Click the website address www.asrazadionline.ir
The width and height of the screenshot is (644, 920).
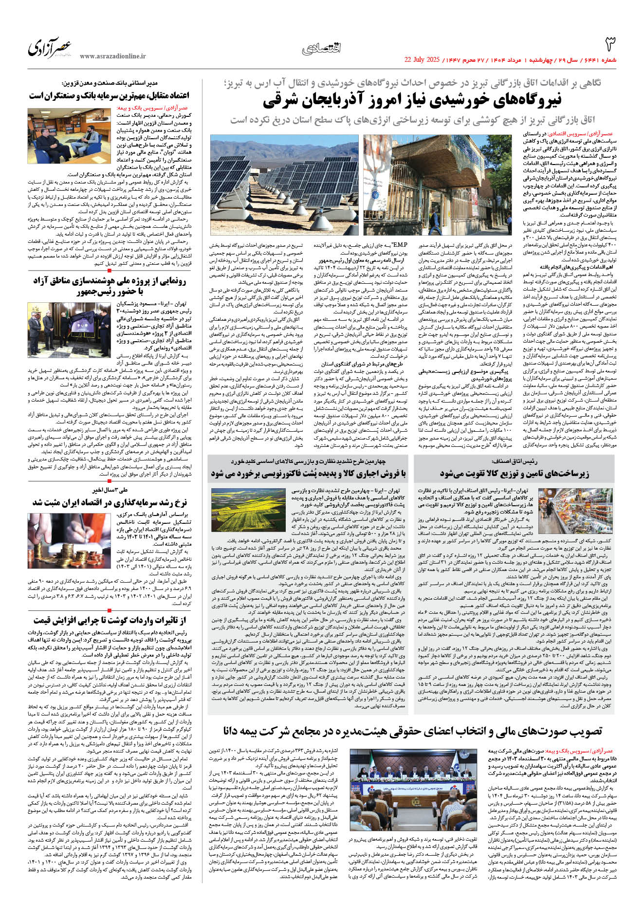(113, 56)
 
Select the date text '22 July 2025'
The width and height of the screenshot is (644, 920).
(422, 60)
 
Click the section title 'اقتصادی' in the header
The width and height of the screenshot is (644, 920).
(321, 48)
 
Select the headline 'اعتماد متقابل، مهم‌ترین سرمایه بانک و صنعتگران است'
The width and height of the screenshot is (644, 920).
(109, 95)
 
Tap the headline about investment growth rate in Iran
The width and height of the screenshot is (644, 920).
(110, 502)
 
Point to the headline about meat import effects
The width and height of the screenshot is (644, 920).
(110, 620)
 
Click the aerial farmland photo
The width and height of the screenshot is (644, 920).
(248, 510)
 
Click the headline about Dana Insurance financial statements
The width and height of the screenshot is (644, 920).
(412, 731)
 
